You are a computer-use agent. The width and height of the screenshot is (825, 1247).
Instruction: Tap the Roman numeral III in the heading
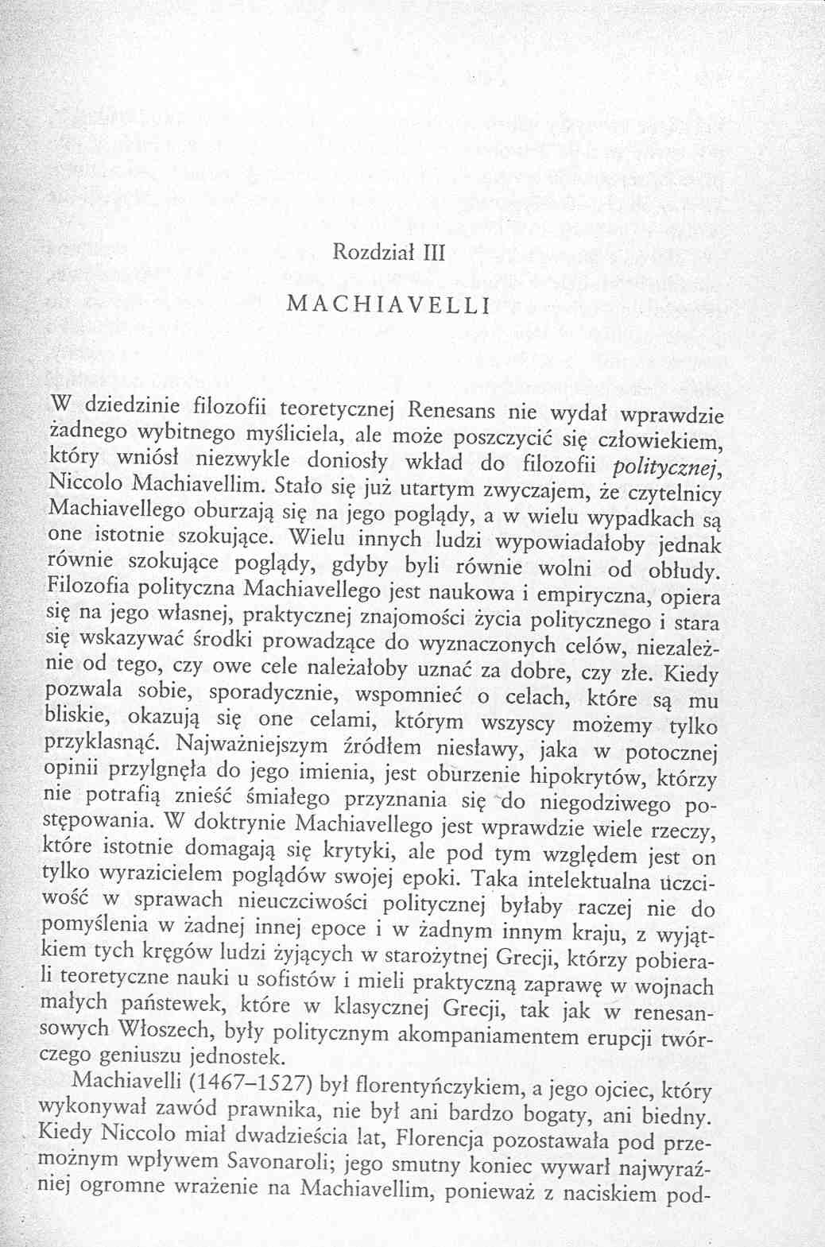click(434, 254)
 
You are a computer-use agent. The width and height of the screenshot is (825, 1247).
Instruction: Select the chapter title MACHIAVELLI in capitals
click(388, 305)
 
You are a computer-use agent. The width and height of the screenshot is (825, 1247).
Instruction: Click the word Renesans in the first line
click(452, 411)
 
